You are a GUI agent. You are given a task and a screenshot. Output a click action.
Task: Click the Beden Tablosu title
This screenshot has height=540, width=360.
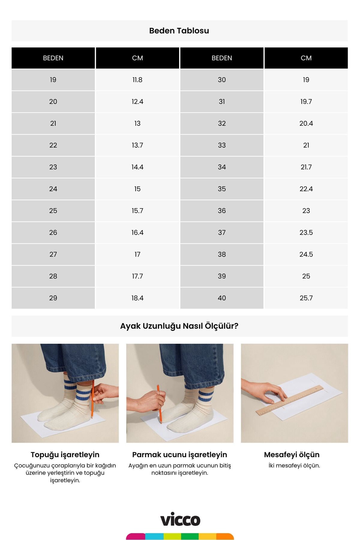pyautogui.click(x=179, y=31)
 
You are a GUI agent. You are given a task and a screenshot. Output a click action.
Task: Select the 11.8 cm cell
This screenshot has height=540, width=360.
pyautogui.click(x=137, y=80)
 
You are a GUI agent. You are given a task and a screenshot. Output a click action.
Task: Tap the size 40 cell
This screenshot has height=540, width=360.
pyautogui.click(x=222, y=298)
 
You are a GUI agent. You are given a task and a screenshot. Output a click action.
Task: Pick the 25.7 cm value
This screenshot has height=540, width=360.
pyautogui.click(x=306, y=298)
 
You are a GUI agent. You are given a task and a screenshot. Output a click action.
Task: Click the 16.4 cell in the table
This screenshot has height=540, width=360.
pyautogui.click(x=137, y=232)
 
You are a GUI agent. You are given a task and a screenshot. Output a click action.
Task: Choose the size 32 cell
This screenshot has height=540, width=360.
pyautogui.click(x=222, y=123)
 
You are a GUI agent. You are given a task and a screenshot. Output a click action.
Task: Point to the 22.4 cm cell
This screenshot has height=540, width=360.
pyautogui.click(x=306, y=189)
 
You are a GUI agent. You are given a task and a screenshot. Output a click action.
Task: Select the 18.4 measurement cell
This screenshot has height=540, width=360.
pyautogui.click(x=137, y=298)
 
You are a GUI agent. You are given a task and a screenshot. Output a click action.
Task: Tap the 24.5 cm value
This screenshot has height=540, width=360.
pyautogui.click(x=306, y=254)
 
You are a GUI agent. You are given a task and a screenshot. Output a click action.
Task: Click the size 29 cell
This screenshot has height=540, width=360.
pyautogui.click(x=53, y=298)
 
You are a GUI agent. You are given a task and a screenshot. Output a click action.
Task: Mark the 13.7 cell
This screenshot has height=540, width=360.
pyautogui.click(x=137, y=145)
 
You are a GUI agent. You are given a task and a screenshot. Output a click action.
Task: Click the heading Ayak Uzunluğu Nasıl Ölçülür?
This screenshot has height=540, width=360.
pyautogui.click(x=179, y=326)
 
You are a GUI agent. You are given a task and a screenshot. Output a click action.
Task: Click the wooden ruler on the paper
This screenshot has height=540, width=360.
pyautogui.click(x=290, y=400)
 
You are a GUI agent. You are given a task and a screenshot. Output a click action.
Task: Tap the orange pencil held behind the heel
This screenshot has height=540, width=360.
pyautogui.click(x=92, y=399)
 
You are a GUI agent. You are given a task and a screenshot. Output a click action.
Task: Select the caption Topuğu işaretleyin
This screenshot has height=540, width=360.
pyautogui.click(x=65, y=454)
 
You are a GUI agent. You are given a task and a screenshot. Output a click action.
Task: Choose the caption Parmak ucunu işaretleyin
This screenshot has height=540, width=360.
pyautogui.click(x=180, y=454)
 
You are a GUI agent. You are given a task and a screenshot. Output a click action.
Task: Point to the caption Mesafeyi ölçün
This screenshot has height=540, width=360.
pyautogui.click(x=292, y=454)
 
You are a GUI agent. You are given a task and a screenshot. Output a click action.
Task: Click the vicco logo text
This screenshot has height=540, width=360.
pyautogui.click(x=180, y=520)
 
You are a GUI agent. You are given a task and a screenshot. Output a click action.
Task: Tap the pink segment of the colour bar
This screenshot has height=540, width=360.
pyautogui.click(x=136, y=536)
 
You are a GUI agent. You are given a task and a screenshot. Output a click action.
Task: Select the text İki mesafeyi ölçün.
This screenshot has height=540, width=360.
pyautogui.click(x=294, y=466)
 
